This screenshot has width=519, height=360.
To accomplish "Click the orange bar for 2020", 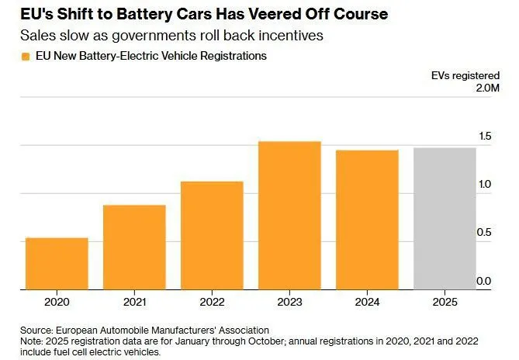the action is tap(57, 264).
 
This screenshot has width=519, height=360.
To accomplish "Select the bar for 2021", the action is tap(134, 247).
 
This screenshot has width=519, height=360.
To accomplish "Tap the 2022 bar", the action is tap(212, 236).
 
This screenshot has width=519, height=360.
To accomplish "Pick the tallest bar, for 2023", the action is tap(289, 216).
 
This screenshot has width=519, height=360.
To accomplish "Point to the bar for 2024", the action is tap(368, 220).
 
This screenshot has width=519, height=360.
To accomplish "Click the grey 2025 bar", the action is tap(445, 219).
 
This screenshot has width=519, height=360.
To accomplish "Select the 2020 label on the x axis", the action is tap(57, 302).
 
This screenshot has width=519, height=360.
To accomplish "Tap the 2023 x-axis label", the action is tap(289, 302).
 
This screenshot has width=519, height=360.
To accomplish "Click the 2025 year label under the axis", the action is tap(445, 302).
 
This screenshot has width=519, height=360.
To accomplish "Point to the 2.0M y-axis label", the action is tap(487, 88).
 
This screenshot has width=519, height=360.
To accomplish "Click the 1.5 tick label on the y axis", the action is tap(485, 136).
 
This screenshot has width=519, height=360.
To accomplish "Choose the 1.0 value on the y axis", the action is tap(485, 185).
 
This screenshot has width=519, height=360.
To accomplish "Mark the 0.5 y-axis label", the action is tap(484, 233).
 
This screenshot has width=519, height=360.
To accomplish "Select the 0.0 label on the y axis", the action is tap(484, 281).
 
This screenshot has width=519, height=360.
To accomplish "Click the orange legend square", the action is tap(26, 57).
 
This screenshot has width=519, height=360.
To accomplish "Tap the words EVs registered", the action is tap(465, 76).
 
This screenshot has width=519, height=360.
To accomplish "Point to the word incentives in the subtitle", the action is tap(291, 36).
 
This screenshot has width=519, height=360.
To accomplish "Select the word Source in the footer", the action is tap(36, 331).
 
